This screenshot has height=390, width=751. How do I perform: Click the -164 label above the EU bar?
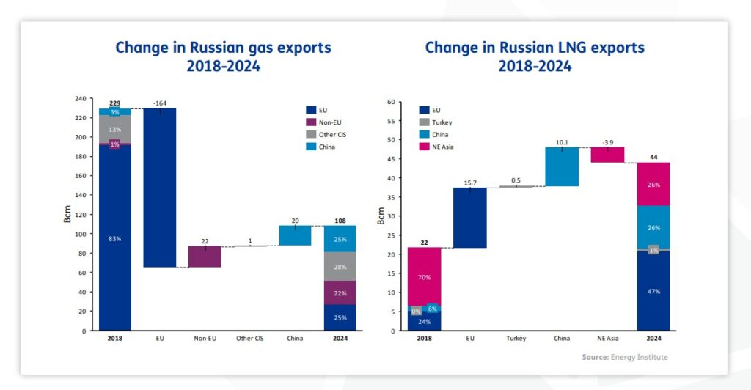tap(160, 103)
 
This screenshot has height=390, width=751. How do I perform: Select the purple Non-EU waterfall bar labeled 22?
tap(205, 257)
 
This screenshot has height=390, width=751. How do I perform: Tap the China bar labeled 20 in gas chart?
tap(294, 235)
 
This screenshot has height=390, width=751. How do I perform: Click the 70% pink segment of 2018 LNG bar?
tap(424, 277)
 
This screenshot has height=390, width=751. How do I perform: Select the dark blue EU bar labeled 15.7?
tap(469, 218)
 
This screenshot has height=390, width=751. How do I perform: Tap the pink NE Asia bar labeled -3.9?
tap(607, 155)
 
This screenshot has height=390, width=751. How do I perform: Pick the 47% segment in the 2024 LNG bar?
tap(653, 291)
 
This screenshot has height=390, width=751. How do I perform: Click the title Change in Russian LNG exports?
tap(535, 48)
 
